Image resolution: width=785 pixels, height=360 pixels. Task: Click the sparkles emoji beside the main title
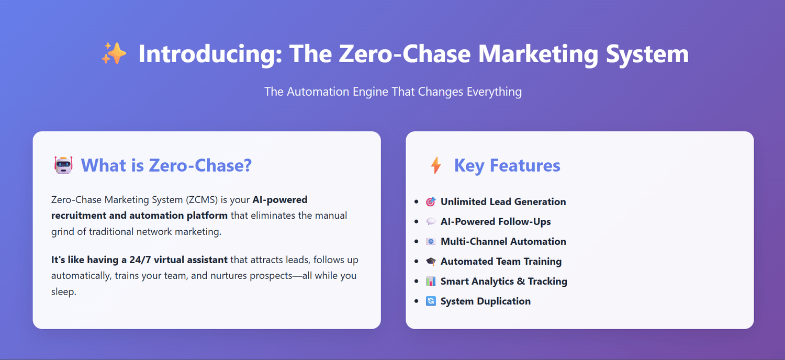(114, 53)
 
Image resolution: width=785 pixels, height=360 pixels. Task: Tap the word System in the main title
(647, 54)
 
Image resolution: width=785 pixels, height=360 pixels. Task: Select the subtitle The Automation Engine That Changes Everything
(393, 92)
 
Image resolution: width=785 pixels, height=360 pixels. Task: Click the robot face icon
(63, 165)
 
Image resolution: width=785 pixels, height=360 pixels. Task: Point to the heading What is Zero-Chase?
(166, 165)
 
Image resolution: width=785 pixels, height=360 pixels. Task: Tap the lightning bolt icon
(436, 165)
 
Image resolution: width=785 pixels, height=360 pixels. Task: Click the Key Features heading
(507, 165)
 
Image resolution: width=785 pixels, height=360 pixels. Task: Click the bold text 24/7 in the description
(140, 260)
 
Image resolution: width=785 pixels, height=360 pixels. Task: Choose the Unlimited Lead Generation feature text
(503, 202)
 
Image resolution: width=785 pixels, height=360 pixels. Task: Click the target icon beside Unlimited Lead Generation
(431, 201)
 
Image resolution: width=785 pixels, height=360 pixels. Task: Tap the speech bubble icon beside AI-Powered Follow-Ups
(431, 221)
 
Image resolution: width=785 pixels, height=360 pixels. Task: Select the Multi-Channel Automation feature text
(503, 242)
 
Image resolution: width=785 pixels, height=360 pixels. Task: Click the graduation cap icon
(431, 261)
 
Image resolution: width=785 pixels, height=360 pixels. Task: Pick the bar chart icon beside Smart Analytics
(431, 281)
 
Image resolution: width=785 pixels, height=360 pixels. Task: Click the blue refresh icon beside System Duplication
(431, 301)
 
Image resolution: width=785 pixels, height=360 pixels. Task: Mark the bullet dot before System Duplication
(417, 301)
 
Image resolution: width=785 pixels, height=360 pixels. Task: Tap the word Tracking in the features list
(547, 282)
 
